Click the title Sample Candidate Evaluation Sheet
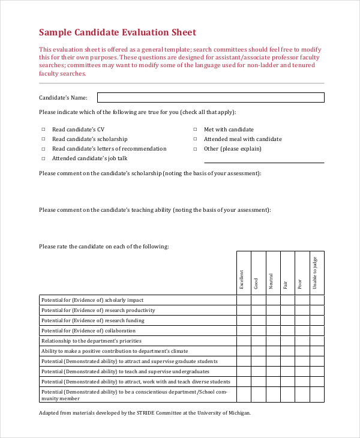click(117, 32)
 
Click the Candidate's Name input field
click(211, 97)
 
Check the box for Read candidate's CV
click(43, 130)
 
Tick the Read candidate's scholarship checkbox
click(43, 139)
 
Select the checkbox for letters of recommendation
click(43, 149)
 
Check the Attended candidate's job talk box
click(43, 159)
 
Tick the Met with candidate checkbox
click(195, 130)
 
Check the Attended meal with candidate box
click(195, 139)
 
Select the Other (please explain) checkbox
click(195, 149)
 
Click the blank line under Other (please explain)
click(264, 161)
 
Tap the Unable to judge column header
click(317, 273)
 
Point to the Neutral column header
click(273, 281)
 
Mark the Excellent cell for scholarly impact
click(244, 300)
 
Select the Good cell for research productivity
click(258, 310)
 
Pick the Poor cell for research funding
click(302, 320)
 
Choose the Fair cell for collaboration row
click(287, 331)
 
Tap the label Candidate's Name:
click(63, 97)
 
